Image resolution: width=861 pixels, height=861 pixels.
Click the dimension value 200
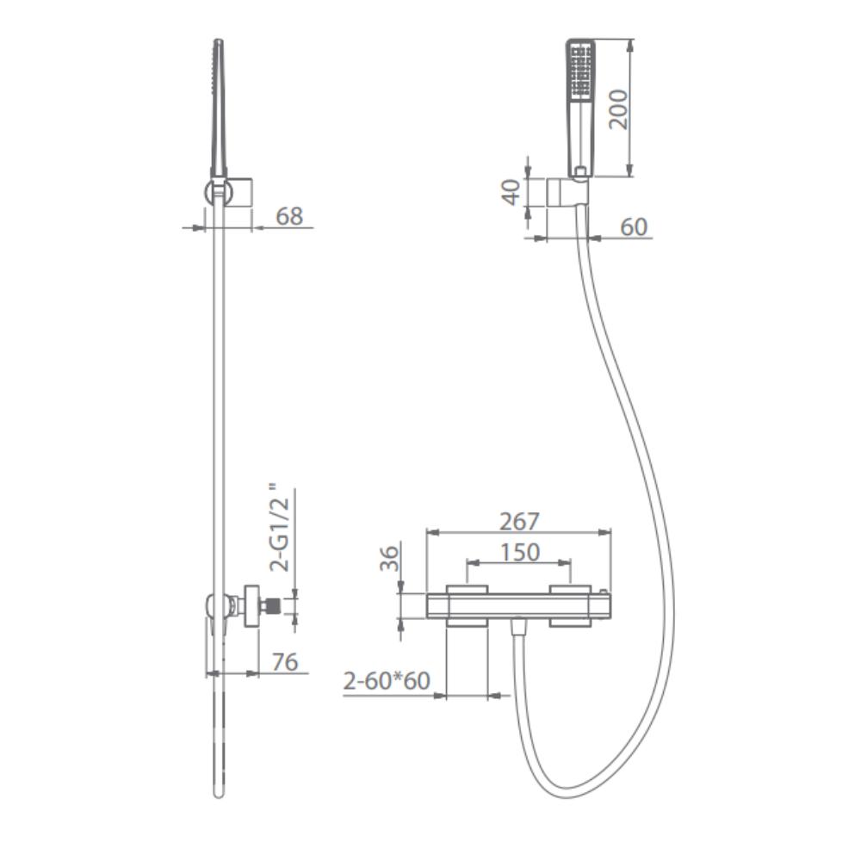pos(619,108)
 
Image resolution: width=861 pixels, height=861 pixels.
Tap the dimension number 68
pos(288,216)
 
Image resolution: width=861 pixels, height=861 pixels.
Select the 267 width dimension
pos(519,521)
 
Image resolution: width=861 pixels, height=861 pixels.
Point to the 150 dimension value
pos(519,552)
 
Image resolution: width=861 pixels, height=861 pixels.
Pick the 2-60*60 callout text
pos(387,681)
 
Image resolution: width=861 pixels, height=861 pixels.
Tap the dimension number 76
pos(285,662)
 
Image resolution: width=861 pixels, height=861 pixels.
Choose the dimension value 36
pos(389,558)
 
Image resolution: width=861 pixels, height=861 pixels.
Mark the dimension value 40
pos(511,192)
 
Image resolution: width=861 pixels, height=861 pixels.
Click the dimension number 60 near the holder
pos(634,226)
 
